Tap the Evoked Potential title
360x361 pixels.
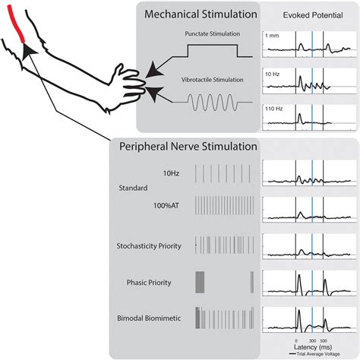point(308,14)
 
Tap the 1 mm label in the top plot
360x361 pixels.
point(272,36)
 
